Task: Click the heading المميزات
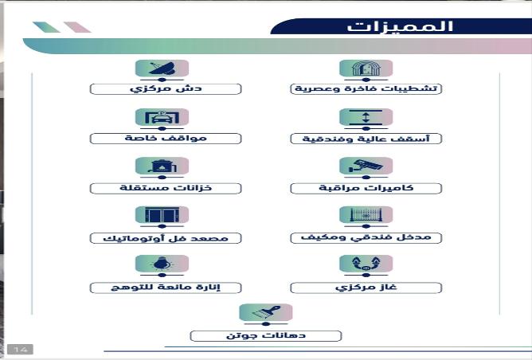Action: point(400,26)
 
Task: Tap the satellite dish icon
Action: point(162,68)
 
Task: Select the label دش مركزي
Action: point(166,89)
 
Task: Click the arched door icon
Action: point(366,68)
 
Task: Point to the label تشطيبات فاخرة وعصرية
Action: point(366,89)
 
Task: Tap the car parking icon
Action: point(162,117)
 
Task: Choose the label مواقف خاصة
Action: point(166,138)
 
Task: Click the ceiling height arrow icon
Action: point(366,117)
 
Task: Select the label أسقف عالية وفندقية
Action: point(366,139)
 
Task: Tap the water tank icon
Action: point(162,166)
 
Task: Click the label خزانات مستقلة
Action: point(166,188)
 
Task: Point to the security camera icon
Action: point(366,166)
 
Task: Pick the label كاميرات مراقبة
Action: point(366,188)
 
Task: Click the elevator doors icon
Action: point(162,215)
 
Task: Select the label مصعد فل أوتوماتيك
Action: point(166,238)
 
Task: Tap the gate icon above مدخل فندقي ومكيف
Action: point(366,215)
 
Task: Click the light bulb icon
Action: point(162,264)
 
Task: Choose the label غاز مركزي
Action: point(366,288)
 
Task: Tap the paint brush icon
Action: point(266,312)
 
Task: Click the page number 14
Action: point(21,349)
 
